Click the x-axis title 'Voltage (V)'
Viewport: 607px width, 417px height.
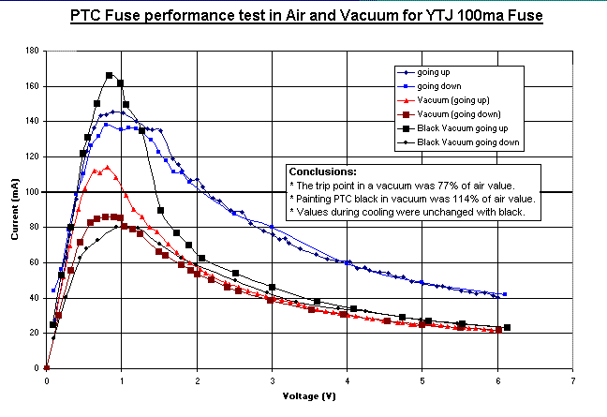(x=309, y=395)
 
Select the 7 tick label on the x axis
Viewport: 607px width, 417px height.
(x=572, y=381)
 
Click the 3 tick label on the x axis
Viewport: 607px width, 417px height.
(x=272, y=381)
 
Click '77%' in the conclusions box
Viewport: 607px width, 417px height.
(x=449, y=186)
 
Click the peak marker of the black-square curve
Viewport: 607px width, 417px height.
(x=110, y=75)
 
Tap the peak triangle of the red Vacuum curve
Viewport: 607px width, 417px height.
(x=108, y=168)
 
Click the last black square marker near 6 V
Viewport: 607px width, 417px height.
(x=507, y=327)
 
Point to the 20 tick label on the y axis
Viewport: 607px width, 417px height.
(x=34, y=333)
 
